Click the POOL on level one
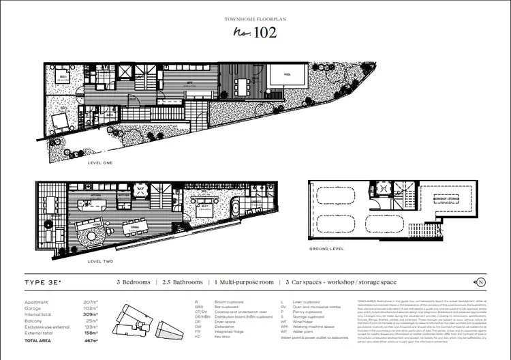[280, 74]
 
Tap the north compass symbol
[481, 282]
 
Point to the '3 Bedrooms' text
[134, 282]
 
